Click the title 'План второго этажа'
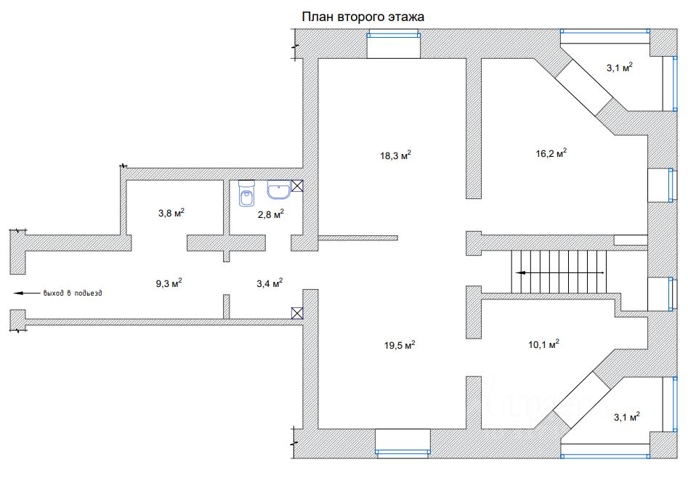pyautogui.click(x=363, y=17)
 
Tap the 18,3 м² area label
pyautogui.click(x=395, y=155)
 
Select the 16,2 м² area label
pyautogui.click(x=551, y=153)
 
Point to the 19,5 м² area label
pyautogui.click(x=400, y=345)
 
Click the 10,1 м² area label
pyautogui.click(x=543, y=344)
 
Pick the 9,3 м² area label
pyautogui.click(x=169, y=283)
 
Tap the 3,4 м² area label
pyautogui.click(x=270, y=283)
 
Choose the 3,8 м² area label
pyautogui.click(x=171, y=213)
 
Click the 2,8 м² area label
pyautogui.click(x=271, y=214)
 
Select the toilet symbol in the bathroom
pyautogui.click(x=247, y=193)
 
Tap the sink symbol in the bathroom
pyautogui.click(x=279, y=190)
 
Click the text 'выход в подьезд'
pyautogui.click(x=73, y=293)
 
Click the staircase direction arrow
pyautogui.click(x=560, y=272)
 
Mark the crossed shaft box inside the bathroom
pyautogui.click(x=297, y=186)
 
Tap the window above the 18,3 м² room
pyautogui.click(x=394, y=35)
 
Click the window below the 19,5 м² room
pyautogui.click(x=402, y=452)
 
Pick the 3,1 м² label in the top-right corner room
pyautogui.click(x=620, y=68)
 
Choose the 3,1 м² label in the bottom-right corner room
pyautogui.click(x=626, y=416)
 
